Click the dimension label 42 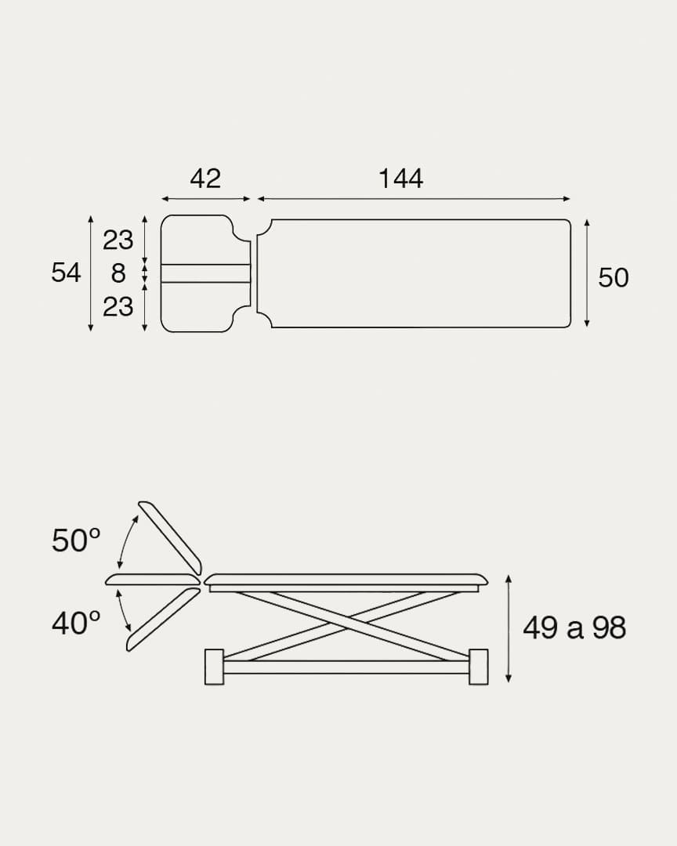(x=205, y=179)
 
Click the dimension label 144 (x=400, y=179)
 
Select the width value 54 (x=66, y=273)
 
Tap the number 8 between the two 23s (x=118, y=273)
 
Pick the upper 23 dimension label (x=118, y=240)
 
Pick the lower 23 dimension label (x=118, y=306)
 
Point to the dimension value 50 (x=613, y=278)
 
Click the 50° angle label (x=76, y=540)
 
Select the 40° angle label (x=76, y=624)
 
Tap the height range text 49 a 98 (x=574, y=627)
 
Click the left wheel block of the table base (x=214, y=667)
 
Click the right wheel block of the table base (x=478, y=667)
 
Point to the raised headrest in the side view (x=170, y=537)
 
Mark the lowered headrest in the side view (x=163, y=619)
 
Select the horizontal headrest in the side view (x=153, y=580)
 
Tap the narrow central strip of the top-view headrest (x=205, y=273)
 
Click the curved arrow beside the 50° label (x=126, y=540)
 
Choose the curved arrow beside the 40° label (x=124, y=610)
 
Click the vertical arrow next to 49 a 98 (x=509, y=628)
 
